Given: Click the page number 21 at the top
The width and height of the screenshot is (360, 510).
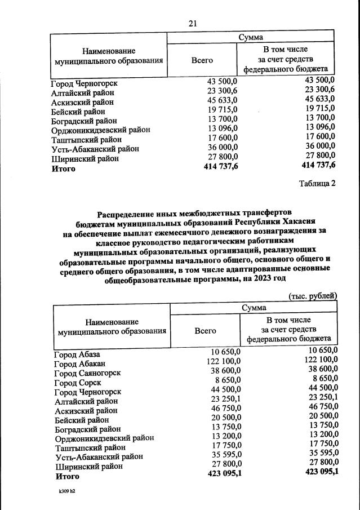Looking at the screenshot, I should [192, 23].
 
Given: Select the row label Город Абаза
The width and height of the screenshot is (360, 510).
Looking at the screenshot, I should [77, 354].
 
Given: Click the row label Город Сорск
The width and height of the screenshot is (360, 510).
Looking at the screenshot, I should [78, 383].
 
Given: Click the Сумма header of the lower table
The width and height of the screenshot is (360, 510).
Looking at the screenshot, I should [254, 308].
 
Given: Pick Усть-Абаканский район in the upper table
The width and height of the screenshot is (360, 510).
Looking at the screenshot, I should [87, 149].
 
